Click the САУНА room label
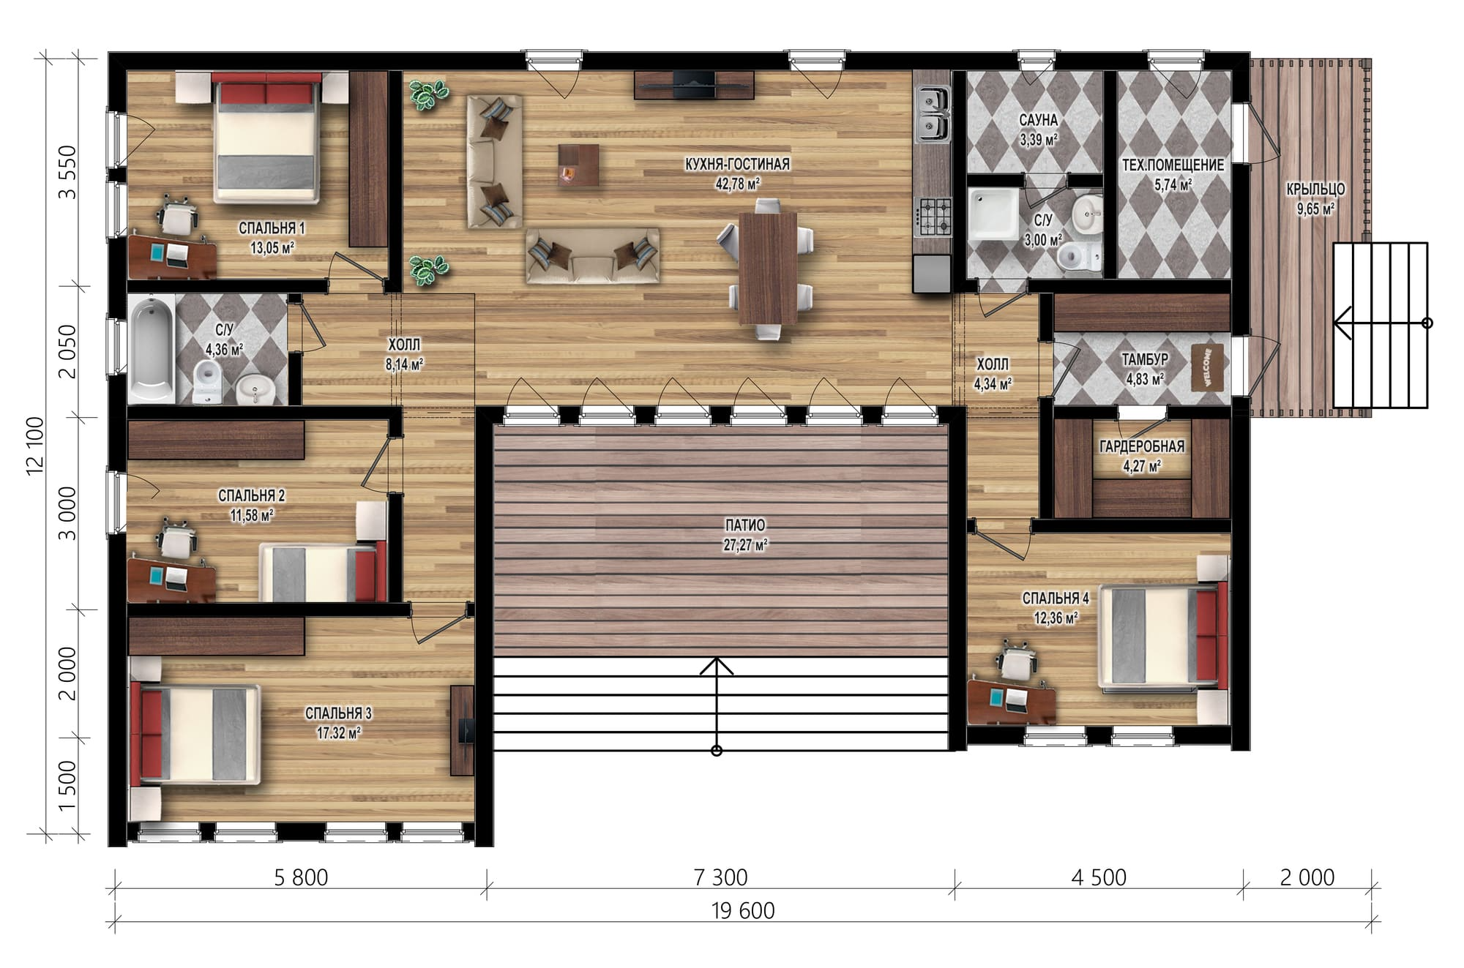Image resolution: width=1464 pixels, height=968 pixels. tap(1038, 120)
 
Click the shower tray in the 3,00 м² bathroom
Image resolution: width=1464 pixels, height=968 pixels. tap(993, 214)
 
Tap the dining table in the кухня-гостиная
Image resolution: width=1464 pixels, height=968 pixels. tap(767, 267)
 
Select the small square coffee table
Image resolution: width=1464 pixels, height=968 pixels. tap(578, 165)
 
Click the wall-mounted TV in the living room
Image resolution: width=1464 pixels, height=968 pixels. tap(694, 84)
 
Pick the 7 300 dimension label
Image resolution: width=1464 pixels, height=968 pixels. tap(721, 877)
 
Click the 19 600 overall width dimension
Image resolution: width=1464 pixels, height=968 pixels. tap(743, 911)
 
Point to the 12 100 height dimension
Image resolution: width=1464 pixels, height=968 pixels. tap(35, 446)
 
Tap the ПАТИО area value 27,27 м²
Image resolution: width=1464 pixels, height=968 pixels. tap(746, 545)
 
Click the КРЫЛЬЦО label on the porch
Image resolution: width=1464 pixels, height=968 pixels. tap(1315, 190)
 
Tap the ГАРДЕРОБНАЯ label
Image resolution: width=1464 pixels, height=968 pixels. tap(1141, 446)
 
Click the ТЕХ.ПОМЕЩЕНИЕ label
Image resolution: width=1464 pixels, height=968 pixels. tap(1173, 165)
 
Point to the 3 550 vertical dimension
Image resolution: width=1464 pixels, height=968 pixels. tap(67, 172)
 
